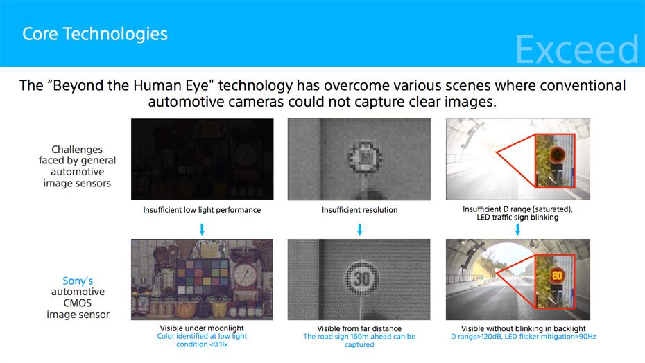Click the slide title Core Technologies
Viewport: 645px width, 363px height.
click(x=95, y=33)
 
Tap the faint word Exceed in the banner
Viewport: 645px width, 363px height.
click(x=576, y=50)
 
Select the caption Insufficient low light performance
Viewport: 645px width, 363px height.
click(x=202, y=210)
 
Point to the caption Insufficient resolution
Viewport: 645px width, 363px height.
click(x=359, y=210)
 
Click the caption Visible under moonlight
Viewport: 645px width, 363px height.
click(x=203, y=328)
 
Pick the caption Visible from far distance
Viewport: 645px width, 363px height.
click(x=359, y=328)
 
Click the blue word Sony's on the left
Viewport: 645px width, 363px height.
click(x=78, y=281)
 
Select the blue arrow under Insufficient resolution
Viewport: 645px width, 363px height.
click(x=359, y=229)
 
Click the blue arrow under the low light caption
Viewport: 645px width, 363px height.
click(x=202, y=229)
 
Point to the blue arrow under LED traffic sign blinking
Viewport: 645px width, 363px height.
click(x=517, y=229)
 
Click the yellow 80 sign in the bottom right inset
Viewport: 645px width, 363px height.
click(x=557, y=275)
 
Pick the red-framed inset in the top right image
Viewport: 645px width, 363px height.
click(x=554, y=160)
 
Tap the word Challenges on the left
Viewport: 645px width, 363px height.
click(x=77, y=150)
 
